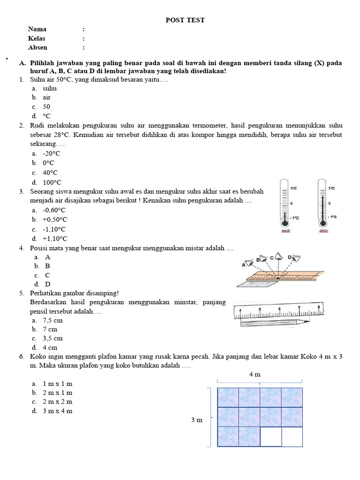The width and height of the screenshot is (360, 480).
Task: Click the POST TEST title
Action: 185,20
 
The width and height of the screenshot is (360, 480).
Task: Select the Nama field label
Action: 37,29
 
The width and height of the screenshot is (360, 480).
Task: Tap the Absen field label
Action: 37,47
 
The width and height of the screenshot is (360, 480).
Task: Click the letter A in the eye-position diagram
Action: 244,265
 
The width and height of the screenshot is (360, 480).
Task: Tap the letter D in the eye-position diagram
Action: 290,257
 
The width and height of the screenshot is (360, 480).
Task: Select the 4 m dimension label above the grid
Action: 255,374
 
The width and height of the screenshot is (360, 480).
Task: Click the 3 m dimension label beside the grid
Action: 197,420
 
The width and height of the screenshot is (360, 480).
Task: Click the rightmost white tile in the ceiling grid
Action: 292,437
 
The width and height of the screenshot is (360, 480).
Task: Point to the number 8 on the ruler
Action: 319,307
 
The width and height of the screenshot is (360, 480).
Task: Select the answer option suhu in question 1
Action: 50,88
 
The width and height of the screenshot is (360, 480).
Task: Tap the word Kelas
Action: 37,38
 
